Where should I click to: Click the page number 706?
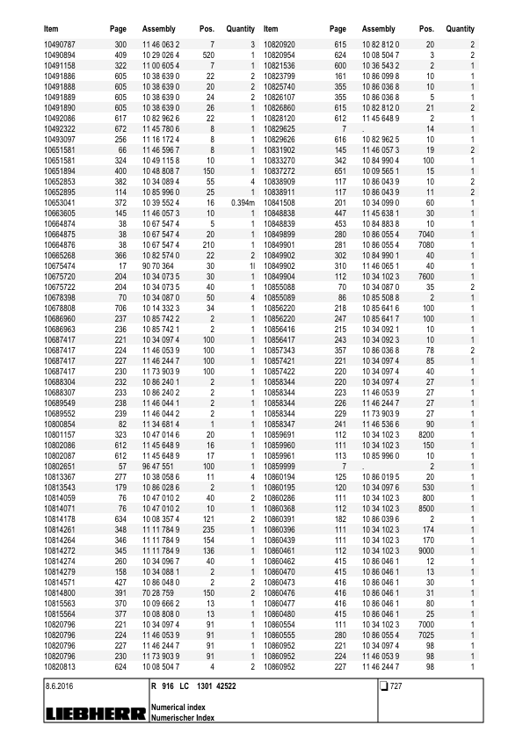120,309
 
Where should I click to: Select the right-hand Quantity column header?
459,29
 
